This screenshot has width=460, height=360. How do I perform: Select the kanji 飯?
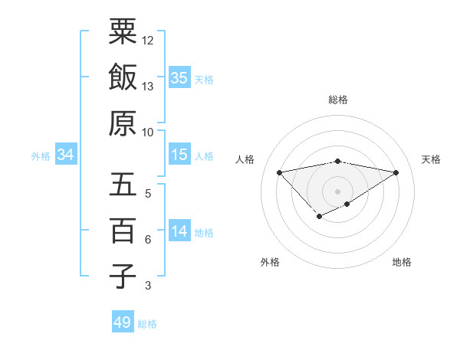click(123, 77)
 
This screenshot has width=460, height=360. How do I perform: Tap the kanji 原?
click(123, 122)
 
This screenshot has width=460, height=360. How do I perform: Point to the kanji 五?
click(123, 185)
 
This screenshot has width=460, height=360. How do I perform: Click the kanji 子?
click(123, 275)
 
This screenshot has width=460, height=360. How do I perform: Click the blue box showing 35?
click(179, 77)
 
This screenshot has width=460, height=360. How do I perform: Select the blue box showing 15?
click(179, 155)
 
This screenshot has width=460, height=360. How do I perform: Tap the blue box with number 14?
click(179, 231)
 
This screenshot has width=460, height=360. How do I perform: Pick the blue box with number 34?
click(65, 155)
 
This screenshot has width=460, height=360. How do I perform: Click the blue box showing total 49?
click(123, 322)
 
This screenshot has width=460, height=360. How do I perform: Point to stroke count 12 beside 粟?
click(148, 40)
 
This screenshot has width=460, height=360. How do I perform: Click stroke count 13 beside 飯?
click(148, 87)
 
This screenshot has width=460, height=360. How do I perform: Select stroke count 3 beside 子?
click(147, 286)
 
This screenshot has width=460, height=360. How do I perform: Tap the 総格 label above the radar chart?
click(338, 100)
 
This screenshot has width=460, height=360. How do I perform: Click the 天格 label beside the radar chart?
click(432, 159)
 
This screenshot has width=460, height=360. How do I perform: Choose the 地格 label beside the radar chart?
click(402, 262)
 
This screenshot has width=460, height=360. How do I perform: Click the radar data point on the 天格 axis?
click(396, 172)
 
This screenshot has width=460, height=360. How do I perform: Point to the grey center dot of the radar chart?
click(338, 191)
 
